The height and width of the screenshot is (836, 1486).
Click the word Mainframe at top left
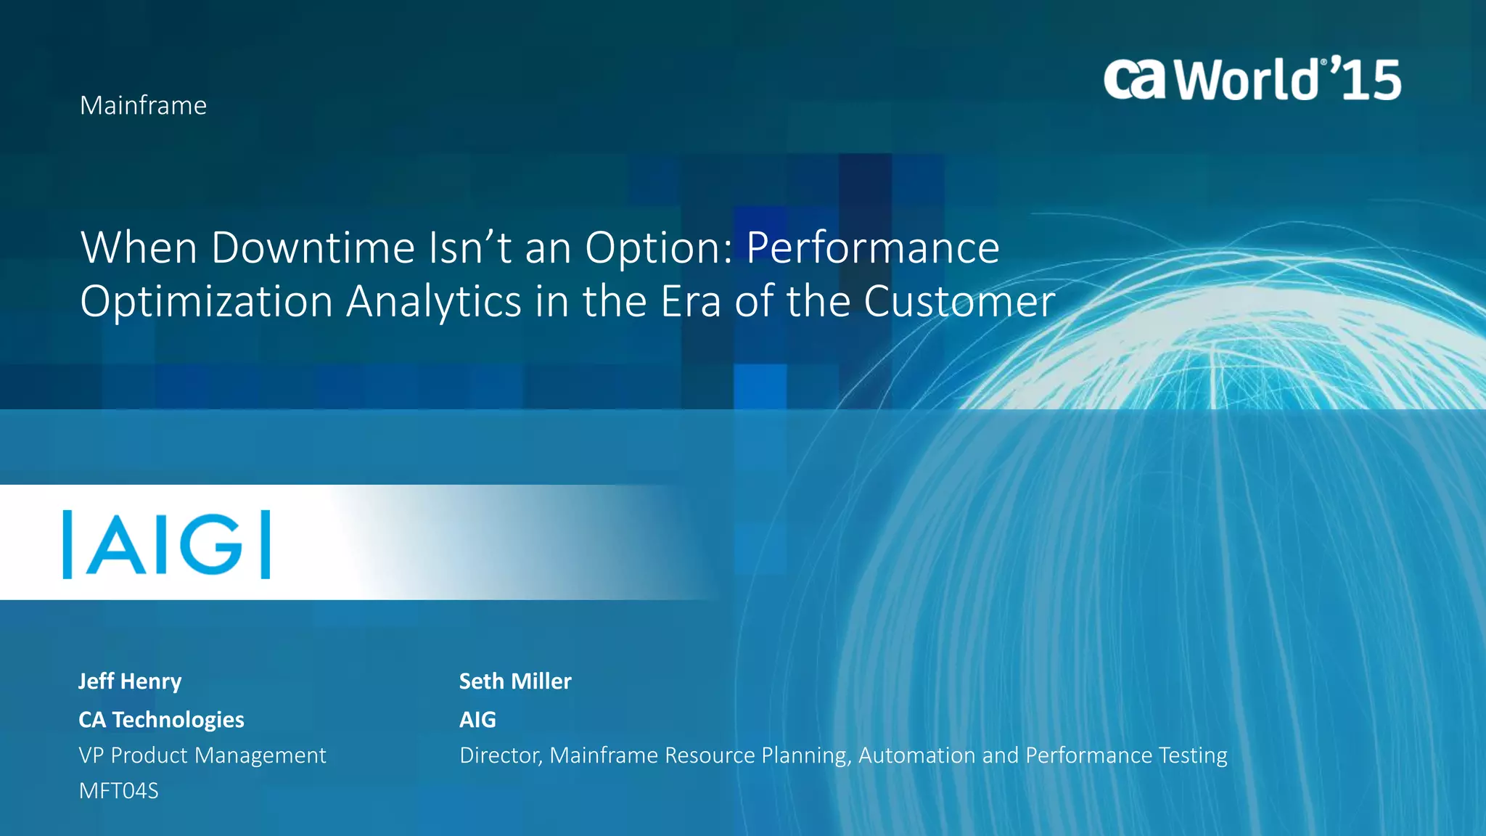(143, 106)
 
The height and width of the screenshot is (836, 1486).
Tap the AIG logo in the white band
(167, 544)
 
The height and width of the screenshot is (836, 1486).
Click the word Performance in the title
(873, 248)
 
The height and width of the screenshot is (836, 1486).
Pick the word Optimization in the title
(206, 302)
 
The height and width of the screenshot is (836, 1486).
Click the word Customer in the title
(959, 302)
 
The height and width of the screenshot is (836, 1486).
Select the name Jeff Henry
(130, 681)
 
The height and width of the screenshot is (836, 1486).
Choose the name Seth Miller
(515, 681)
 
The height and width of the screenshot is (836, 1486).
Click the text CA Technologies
(161, 720)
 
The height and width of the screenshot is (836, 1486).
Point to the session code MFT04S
(118, 791)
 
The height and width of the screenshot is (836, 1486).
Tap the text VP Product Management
(202, 755)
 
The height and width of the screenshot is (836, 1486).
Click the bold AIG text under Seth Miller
(477, 720)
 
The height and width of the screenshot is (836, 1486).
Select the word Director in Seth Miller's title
(501, 755)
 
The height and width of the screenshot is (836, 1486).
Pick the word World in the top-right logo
(1247, 79)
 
